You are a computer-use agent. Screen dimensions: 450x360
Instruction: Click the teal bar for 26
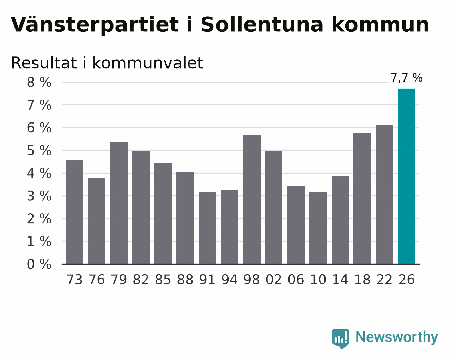click(407, 176)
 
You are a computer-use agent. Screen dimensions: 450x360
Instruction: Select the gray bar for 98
click(251, 199)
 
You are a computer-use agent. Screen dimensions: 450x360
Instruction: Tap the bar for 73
click(74, 212)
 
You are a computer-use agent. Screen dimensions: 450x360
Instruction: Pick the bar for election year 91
click(207, 228)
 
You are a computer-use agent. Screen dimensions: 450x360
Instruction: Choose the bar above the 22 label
click(384, 194)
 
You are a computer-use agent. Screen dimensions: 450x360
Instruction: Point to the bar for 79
click(119, 203)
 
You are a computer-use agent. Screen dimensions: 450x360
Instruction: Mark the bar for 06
click(296, 225)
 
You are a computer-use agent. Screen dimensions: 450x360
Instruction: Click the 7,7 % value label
click(407, 78)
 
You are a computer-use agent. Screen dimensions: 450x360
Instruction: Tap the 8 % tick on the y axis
click(39, 82)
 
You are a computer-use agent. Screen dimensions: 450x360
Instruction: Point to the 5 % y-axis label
click(39, 150)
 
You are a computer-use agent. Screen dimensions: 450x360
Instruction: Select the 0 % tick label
click(39, 264)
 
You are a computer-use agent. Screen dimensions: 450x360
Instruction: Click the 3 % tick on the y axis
click(39, 196)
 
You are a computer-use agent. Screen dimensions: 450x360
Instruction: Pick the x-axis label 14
click(340, 280)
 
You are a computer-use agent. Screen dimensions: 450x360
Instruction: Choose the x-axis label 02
click(274, 280)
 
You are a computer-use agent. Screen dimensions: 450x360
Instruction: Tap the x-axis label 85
click(163, 280)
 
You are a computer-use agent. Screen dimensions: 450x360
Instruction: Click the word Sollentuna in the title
click(262, 25)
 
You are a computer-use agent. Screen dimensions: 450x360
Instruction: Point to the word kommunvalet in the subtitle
click(148, 63)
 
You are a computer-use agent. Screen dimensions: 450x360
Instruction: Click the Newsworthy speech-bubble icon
click(340, 339)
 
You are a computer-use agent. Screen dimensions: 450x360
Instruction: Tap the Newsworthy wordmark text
click(397, 337)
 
